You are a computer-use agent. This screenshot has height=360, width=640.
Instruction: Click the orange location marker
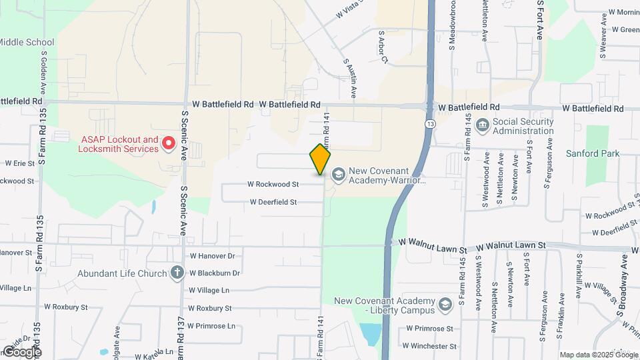(321, 159)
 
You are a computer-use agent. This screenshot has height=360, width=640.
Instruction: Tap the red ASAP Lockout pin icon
(169, 143)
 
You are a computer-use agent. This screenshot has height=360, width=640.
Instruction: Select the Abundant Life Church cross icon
(177, 272)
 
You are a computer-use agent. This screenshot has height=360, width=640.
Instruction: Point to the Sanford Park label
(592, 153)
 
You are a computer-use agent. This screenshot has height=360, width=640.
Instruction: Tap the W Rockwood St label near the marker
(273, 184)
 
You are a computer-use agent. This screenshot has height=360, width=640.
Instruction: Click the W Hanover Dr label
(213, 255)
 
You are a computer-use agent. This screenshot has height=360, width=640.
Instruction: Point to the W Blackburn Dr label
(215, 273)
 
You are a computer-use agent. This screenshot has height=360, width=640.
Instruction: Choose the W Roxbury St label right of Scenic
(209, 308)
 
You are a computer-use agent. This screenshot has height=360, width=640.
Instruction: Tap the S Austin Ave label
(351, 77)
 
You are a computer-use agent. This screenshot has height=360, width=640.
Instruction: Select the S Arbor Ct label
(383, 47)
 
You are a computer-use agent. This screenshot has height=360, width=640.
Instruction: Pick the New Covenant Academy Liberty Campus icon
(445, 305)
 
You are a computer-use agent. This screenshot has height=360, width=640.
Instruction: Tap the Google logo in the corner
(22, 351)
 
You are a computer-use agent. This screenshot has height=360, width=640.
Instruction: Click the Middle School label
(27, 42)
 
